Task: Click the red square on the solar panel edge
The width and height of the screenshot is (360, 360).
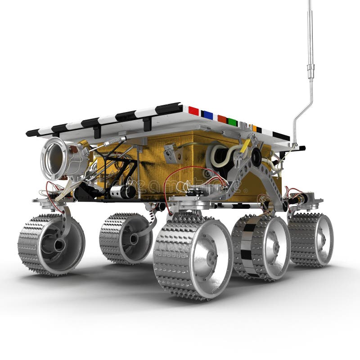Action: (x=193, y=111)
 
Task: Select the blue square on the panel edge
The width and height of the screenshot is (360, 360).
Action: (x=207, y=115)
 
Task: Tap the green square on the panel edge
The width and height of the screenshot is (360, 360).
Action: (x=232, y=122)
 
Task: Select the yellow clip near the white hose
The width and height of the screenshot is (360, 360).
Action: (x=246, y=146)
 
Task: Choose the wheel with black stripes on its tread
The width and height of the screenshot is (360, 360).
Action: (x=260, y=247)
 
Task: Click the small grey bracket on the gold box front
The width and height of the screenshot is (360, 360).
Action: (x=170, y=153)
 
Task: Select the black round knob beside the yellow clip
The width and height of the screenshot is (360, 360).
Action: (x=256, y=156)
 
